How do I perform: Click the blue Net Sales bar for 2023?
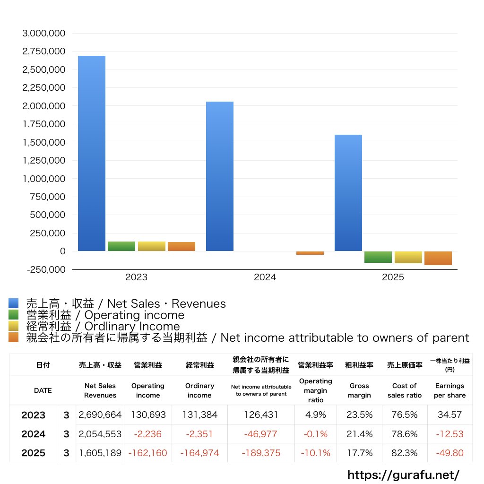click(92, 153)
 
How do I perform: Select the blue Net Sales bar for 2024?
click(220, 176)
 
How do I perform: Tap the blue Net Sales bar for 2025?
click(348, 192)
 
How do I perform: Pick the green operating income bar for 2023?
click(121, 246)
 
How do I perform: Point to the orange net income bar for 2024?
click(310, 253)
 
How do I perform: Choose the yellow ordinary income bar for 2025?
click(408, 257)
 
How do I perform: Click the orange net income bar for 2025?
click(438, 258)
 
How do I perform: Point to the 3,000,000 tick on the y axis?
click(44, 34)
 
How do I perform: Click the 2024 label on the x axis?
click(265, 277)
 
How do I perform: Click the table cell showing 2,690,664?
click(100, 415)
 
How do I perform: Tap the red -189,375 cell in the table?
click(261, 453)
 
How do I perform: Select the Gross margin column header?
click(359, 390)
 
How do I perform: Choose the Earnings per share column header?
click(449, 390)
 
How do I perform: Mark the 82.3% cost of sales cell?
click(404, 453)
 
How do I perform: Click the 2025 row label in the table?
click(34, 453)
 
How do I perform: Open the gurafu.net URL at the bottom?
click(403, 475)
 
